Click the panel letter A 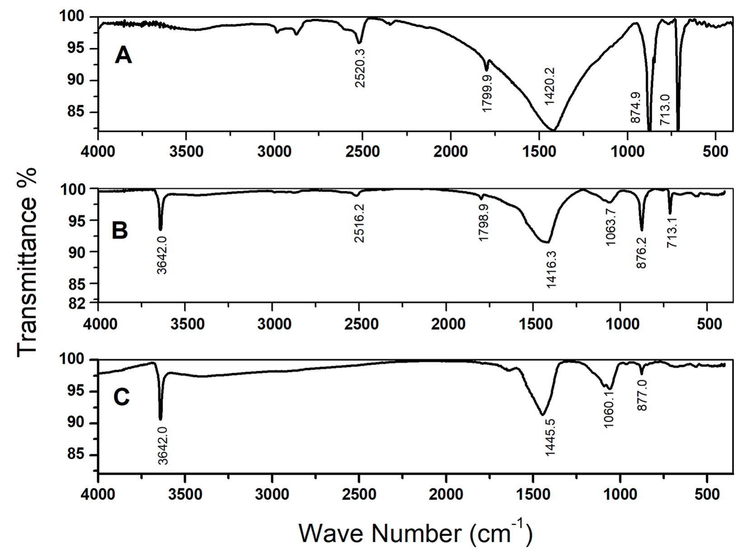point(123,56)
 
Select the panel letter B point(120,230)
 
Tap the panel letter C point(121,398)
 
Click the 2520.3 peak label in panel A point(360,68)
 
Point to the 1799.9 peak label point(487,94)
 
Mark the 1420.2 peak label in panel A point(550,86)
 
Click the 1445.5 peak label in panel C point(550,437)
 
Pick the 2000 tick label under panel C point(446,494)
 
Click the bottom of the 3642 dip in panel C point(160,419)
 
